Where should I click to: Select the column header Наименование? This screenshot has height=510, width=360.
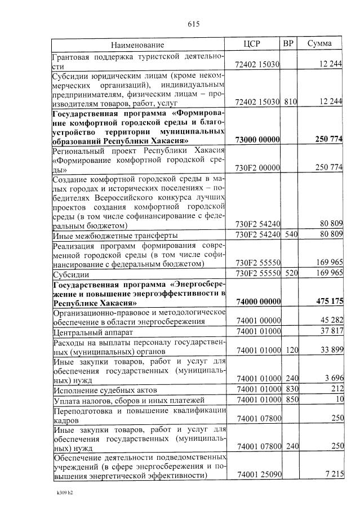137,45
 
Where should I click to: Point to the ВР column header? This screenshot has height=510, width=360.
288,44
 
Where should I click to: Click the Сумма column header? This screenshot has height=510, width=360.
319,44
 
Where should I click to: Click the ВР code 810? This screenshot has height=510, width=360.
290,101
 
